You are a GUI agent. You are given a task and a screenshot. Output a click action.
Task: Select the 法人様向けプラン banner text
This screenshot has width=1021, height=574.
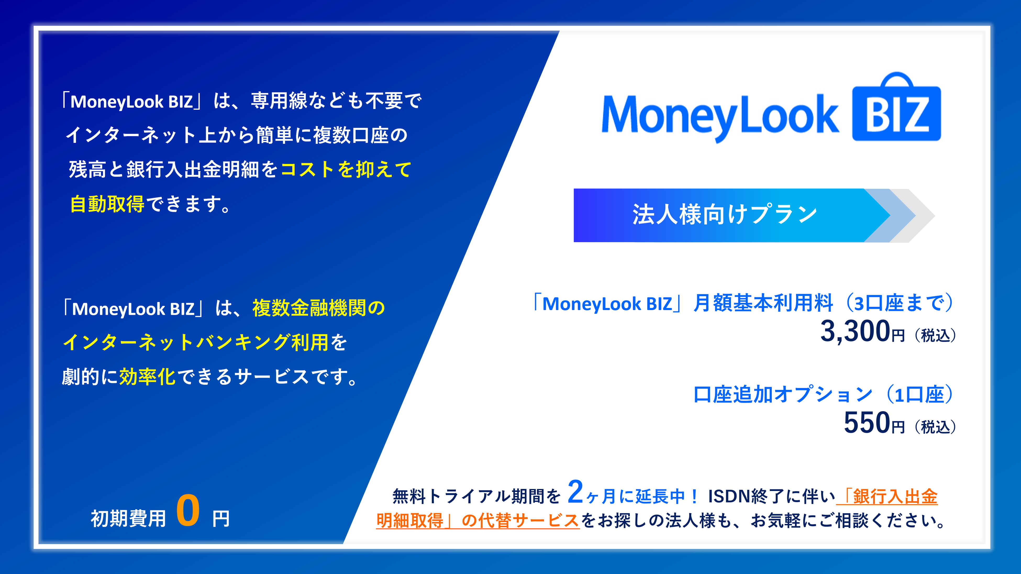[725, 214]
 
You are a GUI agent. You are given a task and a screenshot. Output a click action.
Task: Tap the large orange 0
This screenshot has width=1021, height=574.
[188, 511]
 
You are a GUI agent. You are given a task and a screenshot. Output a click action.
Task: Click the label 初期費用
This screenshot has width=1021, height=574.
[128, 518]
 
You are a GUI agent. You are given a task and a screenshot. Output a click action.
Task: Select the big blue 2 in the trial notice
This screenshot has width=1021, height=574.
[575, 492]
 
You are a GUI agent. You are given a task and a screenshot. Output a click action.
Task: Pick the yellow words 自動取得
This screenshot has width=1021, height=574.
[107, 204]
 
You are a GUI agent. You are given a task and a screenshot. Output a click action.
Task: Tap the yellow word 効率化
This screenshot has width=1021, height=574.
[147, 377]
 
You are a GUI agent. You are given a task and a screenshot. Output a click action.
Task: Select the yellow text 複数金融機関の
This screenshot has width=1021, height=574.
[319, 308]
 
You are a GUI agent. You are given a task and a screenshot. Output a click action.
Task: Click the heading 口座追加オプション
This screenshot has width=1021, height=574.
[783, 395]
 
